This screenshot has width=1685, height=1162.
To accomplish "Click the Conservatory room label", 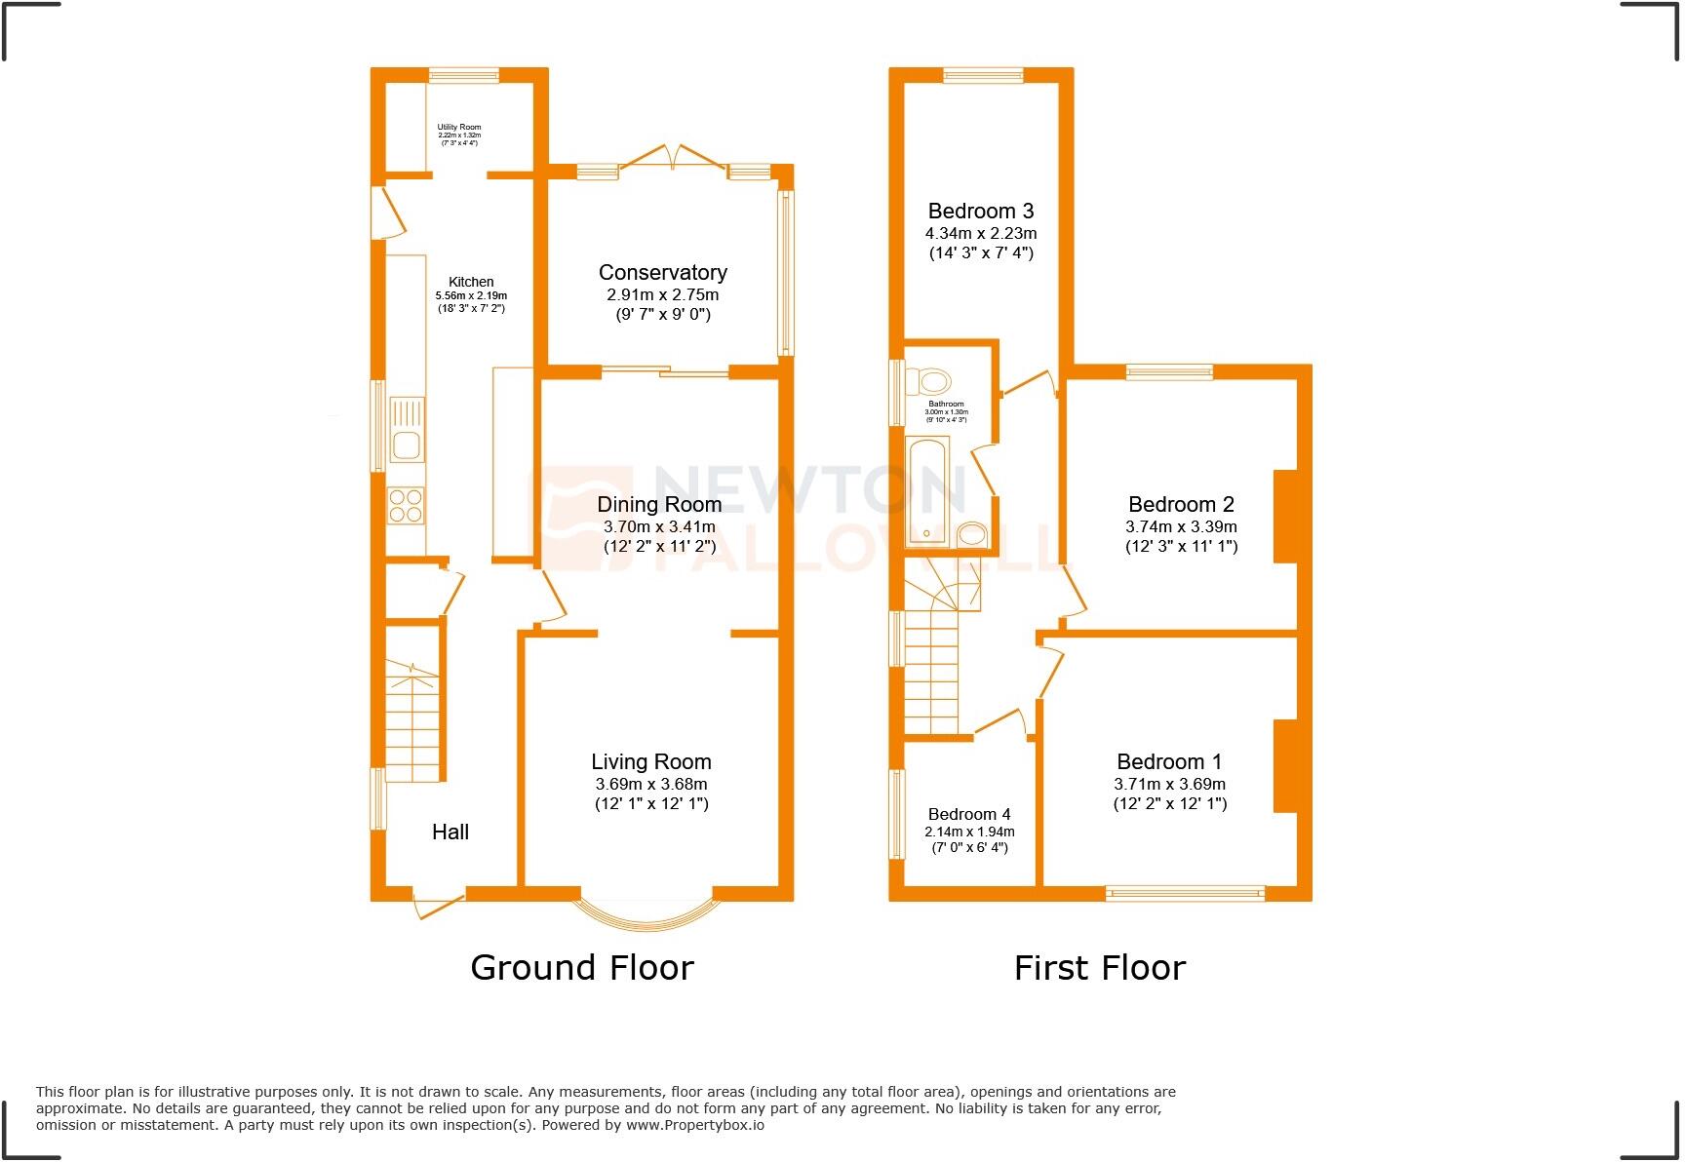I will [662, 273].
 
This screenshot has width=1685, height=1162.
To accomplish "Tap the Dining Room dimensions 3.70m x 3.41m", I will [659, 526].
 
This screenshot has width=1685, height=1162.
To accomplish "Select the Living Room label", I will [650, 762].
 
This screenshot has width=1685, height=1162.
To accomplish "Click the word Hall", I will [451, 832].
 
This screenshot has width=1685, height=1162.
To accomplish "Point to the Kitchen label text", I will [471, 282].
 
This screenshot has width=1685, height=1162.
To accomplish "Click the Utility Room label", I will [458, 128].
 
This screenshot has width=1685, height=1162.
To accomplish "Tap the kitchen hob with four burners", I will [407, 505].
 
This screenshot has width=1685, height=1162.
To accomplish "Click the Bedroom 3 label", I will [980, 212].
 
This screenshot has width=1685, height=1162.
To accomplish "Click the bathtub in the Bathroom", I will [926, 490].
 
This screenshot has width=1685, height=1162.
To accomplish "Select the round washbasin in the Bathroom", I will [971, 534].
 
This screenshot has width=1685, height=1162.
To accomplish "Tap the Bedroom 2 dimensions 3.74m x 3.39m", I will [1181, 526].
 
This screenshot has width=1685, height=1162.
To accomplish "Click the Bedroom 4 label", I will [968, 814].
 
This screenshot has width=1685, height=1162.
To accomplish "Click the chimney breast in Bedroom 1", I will [1285, 766].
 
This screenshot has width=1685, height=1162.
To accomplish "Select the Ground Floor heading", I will [582, 968].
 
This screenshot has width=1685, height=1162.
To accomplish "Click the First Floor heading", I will [1099, 968].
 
